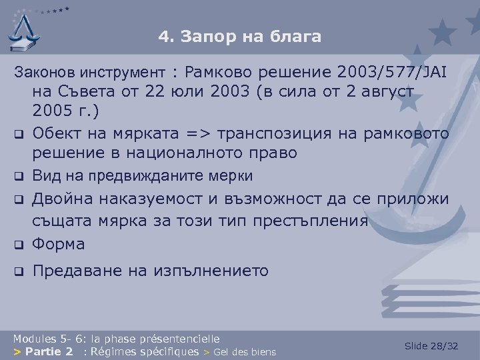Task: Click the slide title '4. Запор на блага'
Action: pyautogui.click(x=239, y=37)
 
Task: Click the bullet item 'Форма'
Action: pyautogui.click(x=59, y=244)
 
